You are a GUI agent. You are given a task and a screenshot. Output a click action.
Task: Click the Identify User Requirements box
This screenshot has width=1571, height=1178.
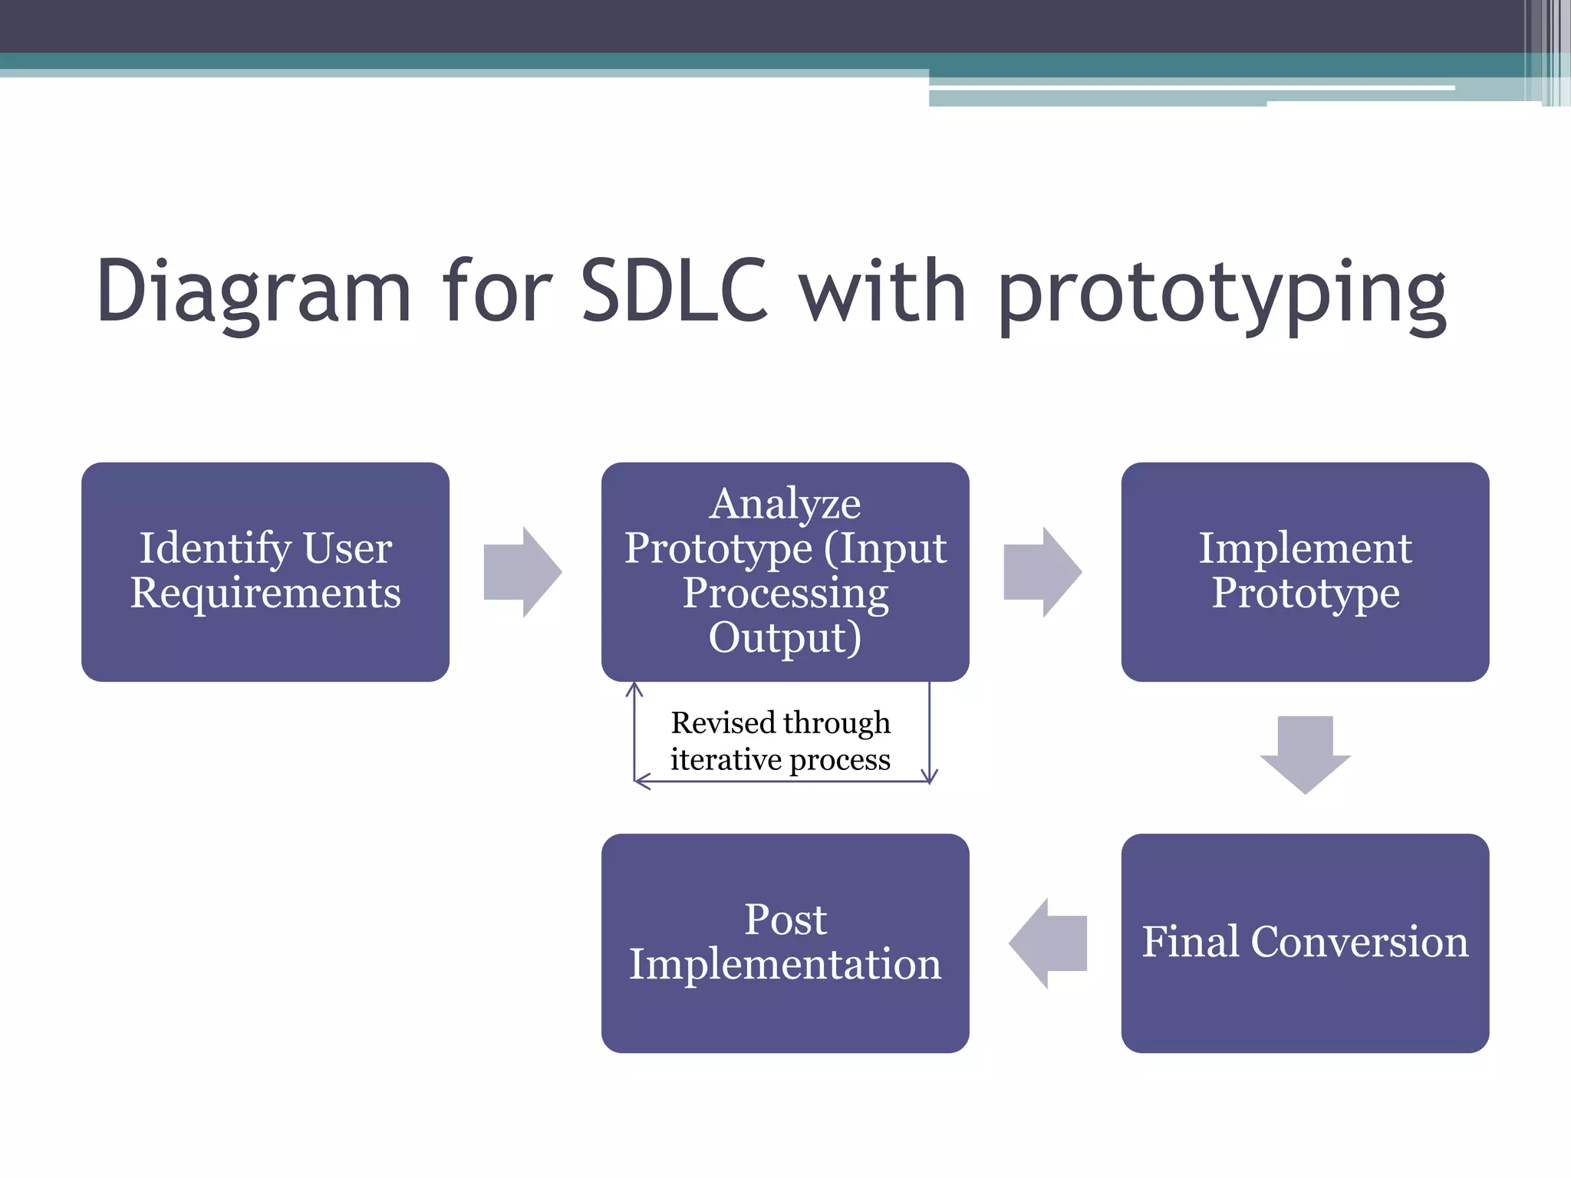[x=265, y=571]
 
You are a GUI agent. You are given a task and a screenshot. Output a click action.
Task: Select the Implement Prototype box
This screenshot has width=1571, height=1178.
[x=1304, y=571]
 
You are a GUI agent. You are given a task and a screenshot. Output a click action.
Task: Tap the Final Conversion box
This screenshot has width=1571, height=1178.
[x=1304, y=943]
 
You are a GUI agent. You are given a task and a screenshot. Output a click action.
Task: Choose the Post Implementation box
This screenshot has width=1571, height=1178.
[x=785, y=943]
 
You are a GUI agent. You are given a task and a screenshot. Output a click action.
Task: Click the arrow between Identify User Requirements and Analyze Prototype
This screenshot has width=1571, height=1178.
[x=522, y=571]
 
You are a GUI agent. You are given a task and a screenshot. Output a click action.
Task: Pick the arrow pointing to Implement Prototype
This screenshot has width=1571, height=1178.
[x=1042, y=571]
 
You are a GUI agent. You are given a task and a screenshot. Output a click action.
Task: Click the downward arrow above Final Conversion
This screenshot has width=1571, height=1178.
[x=1305, y=753]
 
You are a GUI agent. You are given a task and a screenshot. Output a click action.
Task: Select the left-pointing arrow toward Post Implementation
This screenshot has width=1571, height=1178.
[x=1048, y=943]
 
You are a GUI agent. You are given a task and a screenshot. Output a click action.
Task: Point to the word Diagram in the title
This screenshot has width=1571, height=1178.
[x=253, y=291]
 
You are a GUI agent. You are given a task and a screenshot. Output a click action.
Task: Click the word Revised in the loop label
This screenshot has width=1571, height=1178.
[x=723, y=722]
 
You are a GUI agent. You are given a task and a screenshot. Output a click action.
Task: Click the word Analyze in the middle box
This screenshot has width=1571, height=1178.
[x=785, y=504]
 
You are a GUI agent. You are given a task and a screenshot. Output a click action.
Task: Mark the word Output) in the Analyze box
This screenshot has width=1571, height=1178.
[x=785, y=637]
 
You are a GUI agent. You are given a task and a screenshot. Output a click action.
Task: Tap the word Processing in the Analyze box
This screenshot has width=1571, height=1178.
[x=785, y=593]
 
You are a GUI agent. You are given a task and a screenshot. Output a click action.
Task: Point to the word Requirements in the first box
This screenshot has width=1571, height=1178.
[x=265, y=593]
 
